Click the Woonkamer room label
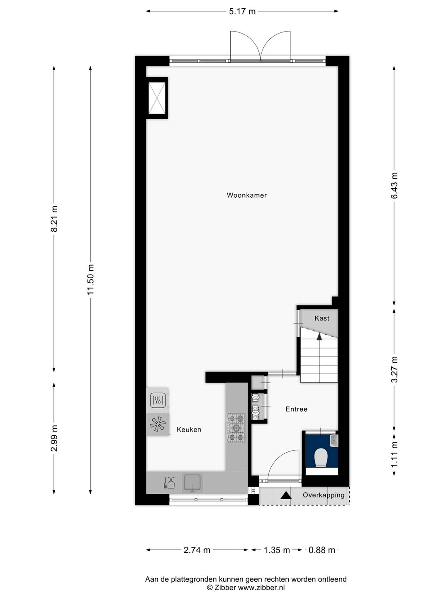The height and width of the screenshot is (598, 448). click(246, 195)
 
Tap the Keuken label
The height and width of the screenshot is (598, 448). click(189, 430)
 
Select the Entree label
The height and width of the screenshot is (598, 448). click(296, 409)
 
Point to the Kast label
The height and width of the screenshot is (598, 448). click(322, 319)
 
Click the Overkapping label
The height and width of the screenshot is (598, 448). click(324, 495)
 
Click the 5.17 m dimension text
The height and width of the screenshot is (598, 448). click(242, 12)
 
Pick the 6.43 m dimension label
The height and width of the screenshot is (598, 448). click(394, 185)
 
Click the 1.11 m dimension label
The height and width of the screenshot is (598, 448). click(394, 453)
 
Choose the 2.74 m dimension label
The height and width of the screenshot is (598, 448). click(197, 550)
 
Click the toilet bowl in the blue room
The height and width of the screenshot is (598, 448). click(321, 458)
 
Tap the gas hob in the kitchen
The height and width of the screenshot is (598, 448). click(236, 428)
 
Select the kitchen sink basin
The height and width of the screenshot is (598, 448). click(192, 483)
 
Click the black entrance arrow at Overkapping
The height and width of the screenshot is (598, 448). click(285, 495)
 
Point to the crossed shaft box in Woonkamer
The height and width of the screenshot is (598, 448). click(157, 98)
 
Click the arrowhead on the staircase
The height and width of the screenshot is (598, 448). click(319, 336)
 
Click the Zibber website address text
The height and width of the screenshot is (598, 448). click(261, 588)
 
